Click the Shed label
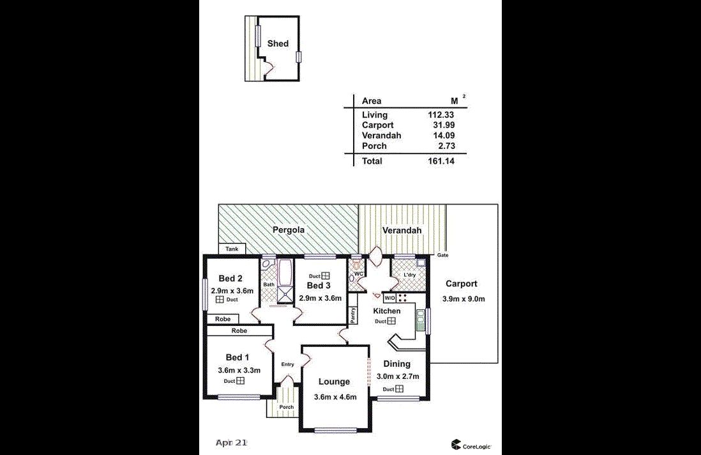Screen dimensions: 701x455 [278, 43]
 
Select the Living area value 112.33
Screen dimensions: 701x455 [441, 115]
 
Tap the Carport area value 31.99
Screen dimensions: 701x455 [444, 125]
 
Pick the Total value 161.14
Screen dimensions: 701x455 [441, 161]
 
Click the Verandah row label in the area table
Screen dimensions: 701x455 [381, 135]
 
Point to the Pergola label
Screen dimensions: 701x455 [289, 230]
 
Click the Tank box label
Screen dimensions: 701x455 [232, 249]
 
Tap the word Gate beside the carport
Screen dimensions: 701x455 [442, 255]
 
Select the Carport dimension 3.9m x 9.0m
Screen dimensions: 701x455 [463, 299]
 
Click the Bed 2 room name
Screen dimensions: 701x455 [230, 279]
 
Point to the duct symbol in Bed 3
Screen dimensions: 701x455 [326, 276]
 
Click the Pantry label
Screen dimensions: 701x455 [353, 315]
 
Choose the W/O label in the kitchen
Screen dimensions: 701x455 [389, 298]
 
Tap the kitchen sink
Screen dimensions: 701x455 [420, 321]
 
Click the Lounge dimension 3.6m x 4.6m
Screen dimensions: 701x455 [335, 397]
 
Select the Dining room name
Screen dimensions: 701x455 [396, 364]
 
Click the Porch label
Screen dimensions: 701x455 [286, 407]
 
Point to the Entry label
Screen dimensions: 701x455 [287, 364]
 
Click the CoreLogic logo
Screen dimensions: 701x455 [471, 445]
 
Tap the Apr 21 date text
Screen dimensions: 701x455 [231, 443]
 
